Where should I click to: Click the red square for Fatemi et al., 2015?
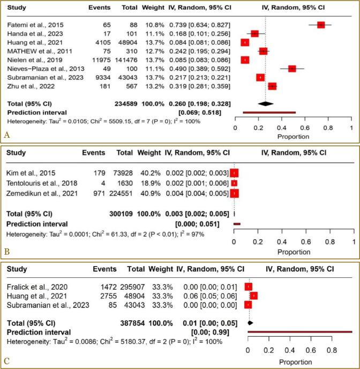pyautogui.click(x=321, y=25)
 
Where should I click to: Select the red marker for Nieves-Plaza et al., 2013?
pyautogui.click(x=292, y=69)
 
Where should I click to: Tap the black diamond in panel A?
pyautogui.click(x=262, y=103)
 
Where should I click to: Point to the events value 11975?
pyautogui.click(x=99, y=60)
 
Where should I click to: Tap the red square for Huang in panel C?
pyautogui.click(x=253, y=296)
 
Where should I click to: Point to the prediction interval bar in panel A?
pyautogui.click(x=269, y=113)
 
